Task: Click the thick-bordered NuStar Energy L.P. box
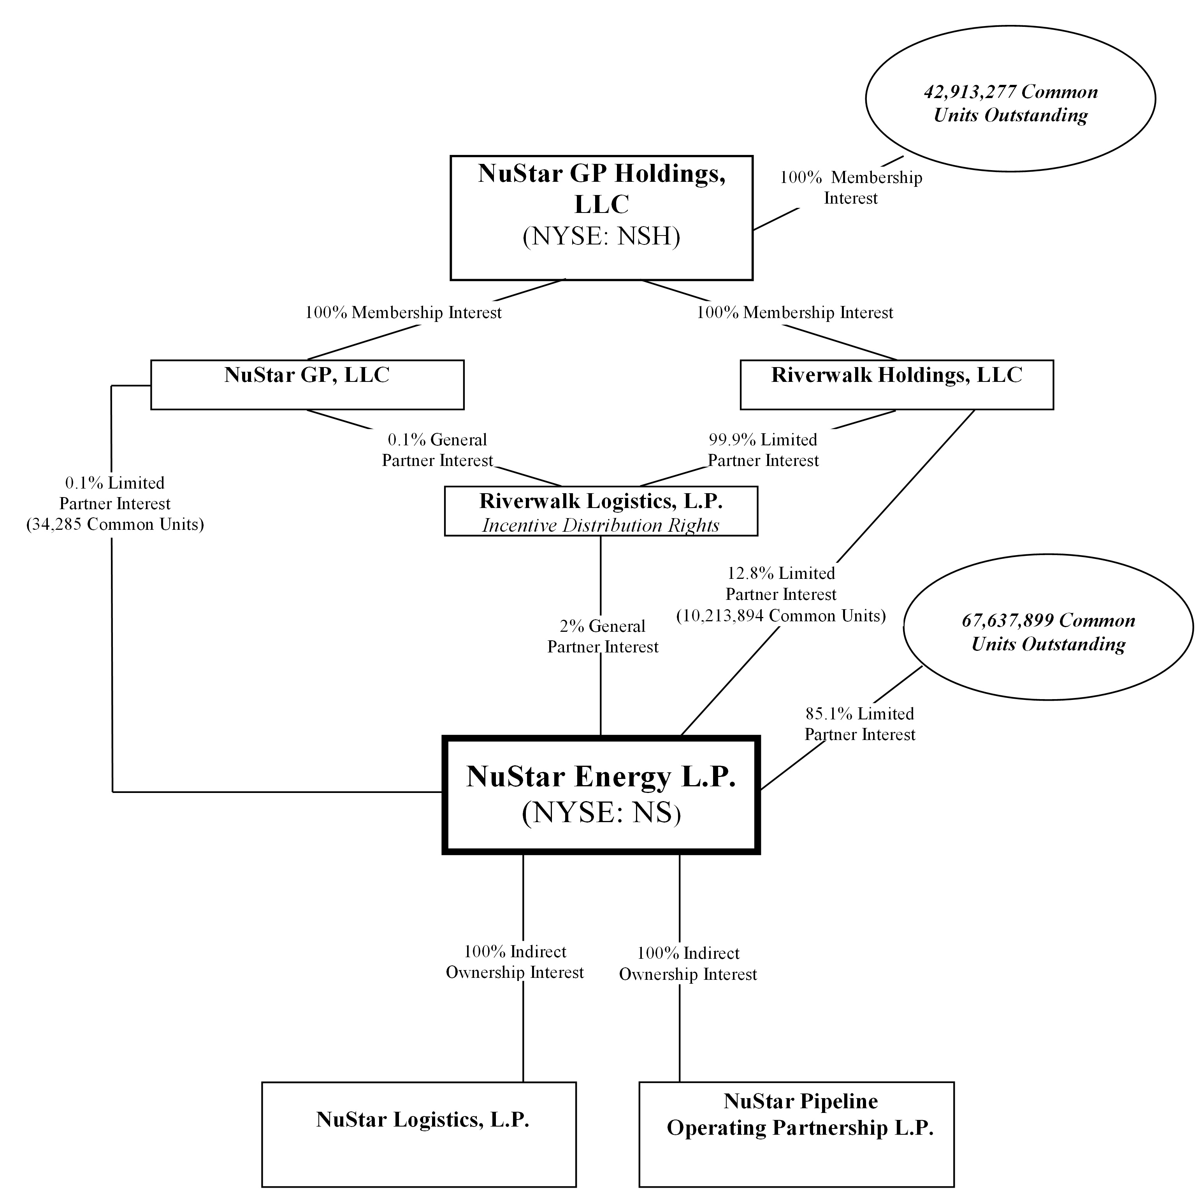(601, 795)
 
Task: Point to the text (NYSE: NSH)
(601, 236)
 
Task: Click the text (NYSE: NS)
(601, 812)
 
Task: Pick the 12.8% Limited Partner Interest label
(781, 584)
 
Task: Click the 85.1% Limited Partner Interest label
(860, 724)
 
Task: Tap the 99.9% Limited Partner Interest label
(763, 450)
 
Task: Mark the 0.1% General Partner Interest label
(437, 450)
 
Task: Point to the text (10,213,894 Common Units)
(781, 615)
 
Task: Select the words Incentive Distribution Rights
(601, 526)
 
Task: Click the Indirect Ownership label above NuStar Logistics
(515, 961)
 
